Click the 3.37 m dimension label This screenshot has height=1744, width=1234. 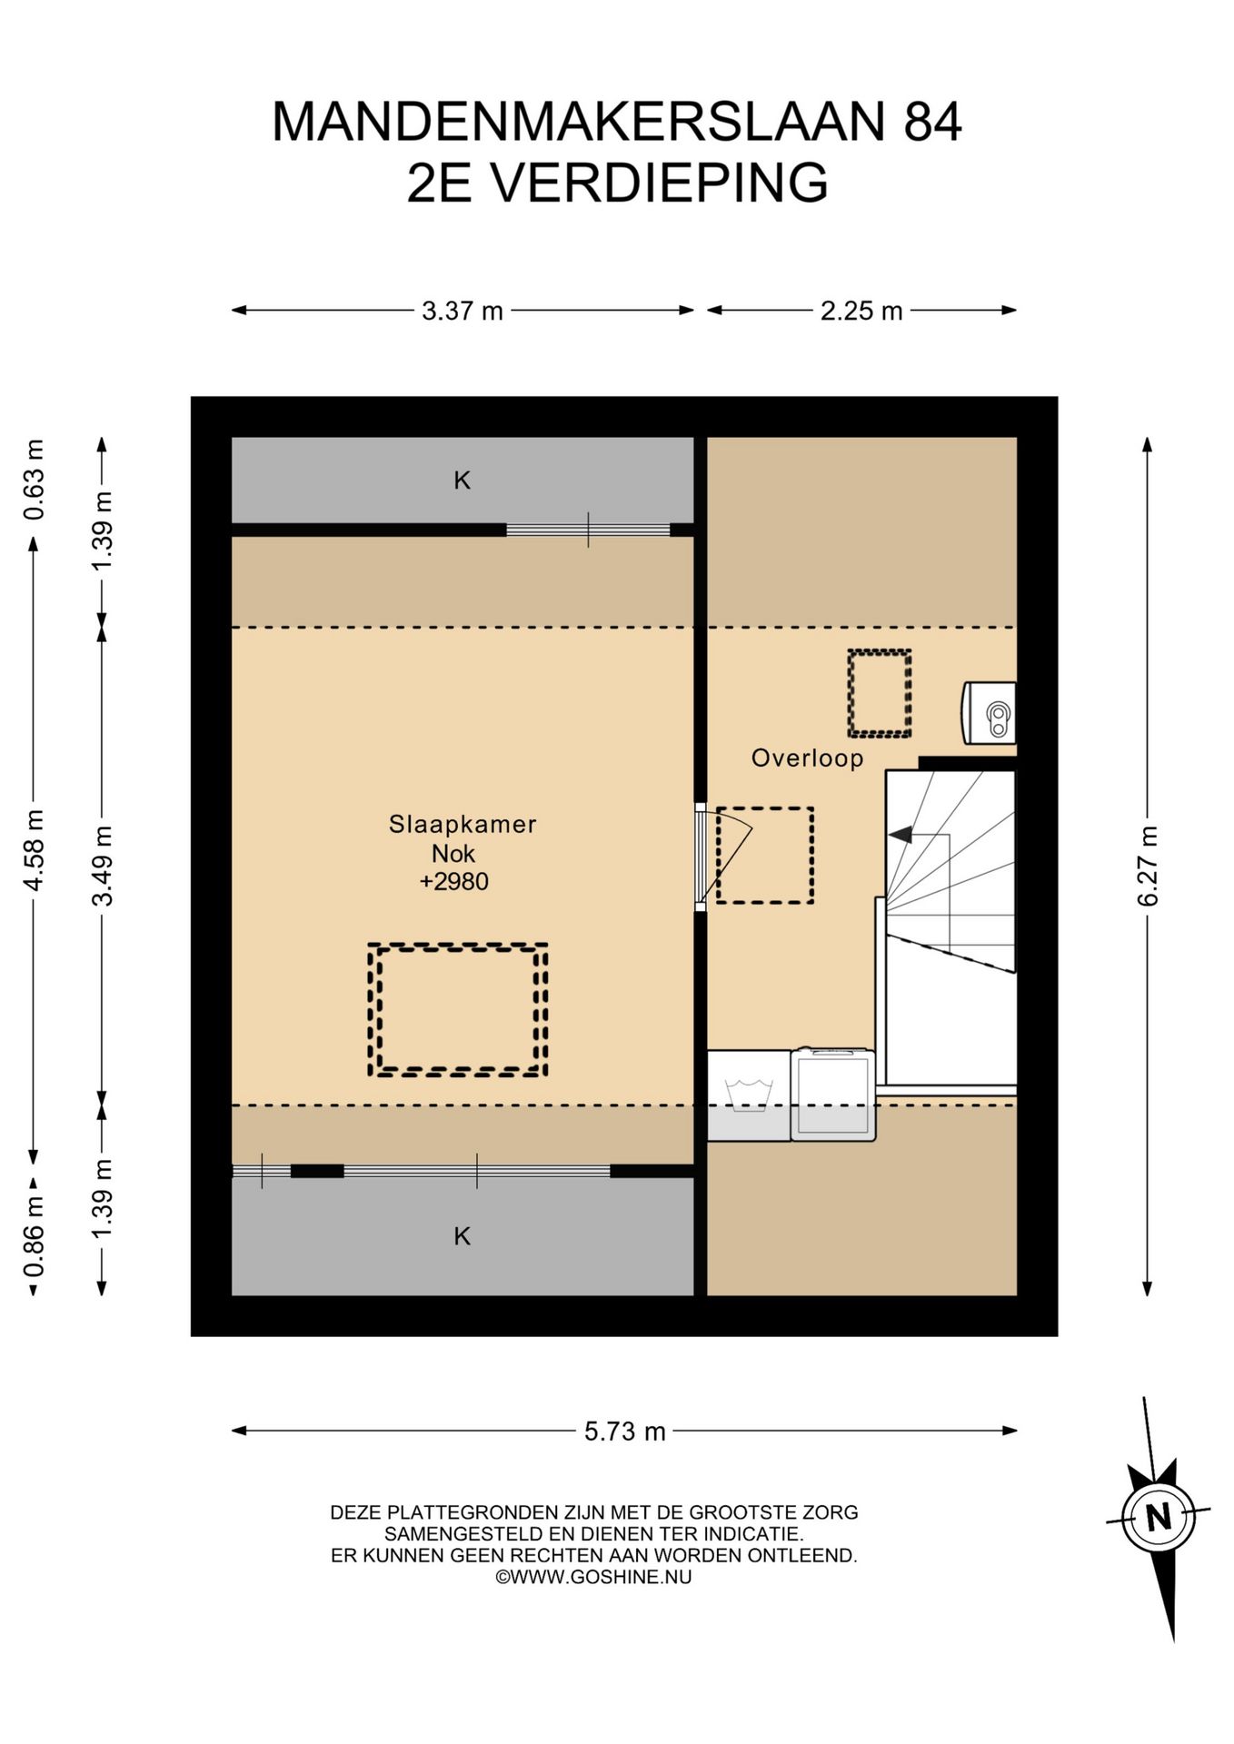tap(462, 311)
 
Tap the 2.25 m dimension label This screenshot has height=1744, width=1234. tap(861, 311)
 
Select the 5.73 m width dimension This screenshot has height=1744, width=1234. tap(625, 1432)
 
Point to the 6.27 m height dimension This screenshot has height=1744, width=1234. tap(1148, 866)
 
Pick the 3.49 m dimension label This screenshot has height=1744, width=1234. tap(103, 866)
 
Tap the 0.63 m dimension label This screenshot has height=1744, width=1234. tap(34, 480)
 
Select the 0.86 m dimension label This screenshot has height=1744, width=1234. tap(34, 1236)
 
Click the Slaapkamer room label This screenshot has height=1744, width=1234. tap(463, 824)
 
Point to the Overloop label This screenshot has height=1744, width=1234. tap(807, 758)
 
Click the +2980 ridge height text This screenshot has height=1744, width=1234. tap(454, 881)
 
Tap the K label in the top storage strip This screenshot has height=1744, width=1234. tap(463, 480)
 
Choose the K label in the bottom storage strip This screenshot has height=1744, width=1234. tap(463, 1235)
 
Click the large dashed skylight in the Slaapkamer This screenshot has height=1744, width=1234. tap(458, 946)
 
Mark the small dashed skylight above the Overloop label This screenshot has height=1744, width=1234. tap(880, 651)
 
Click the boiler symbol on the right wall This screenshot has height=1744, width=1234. tap(990, 713)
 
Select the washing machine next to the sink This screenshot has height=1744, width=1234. tap(833, 1094)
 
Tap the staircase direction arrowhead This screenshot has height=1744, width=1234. tap(900, 834)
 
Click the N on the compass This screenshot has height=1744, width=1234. tap(1159, 1517)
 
